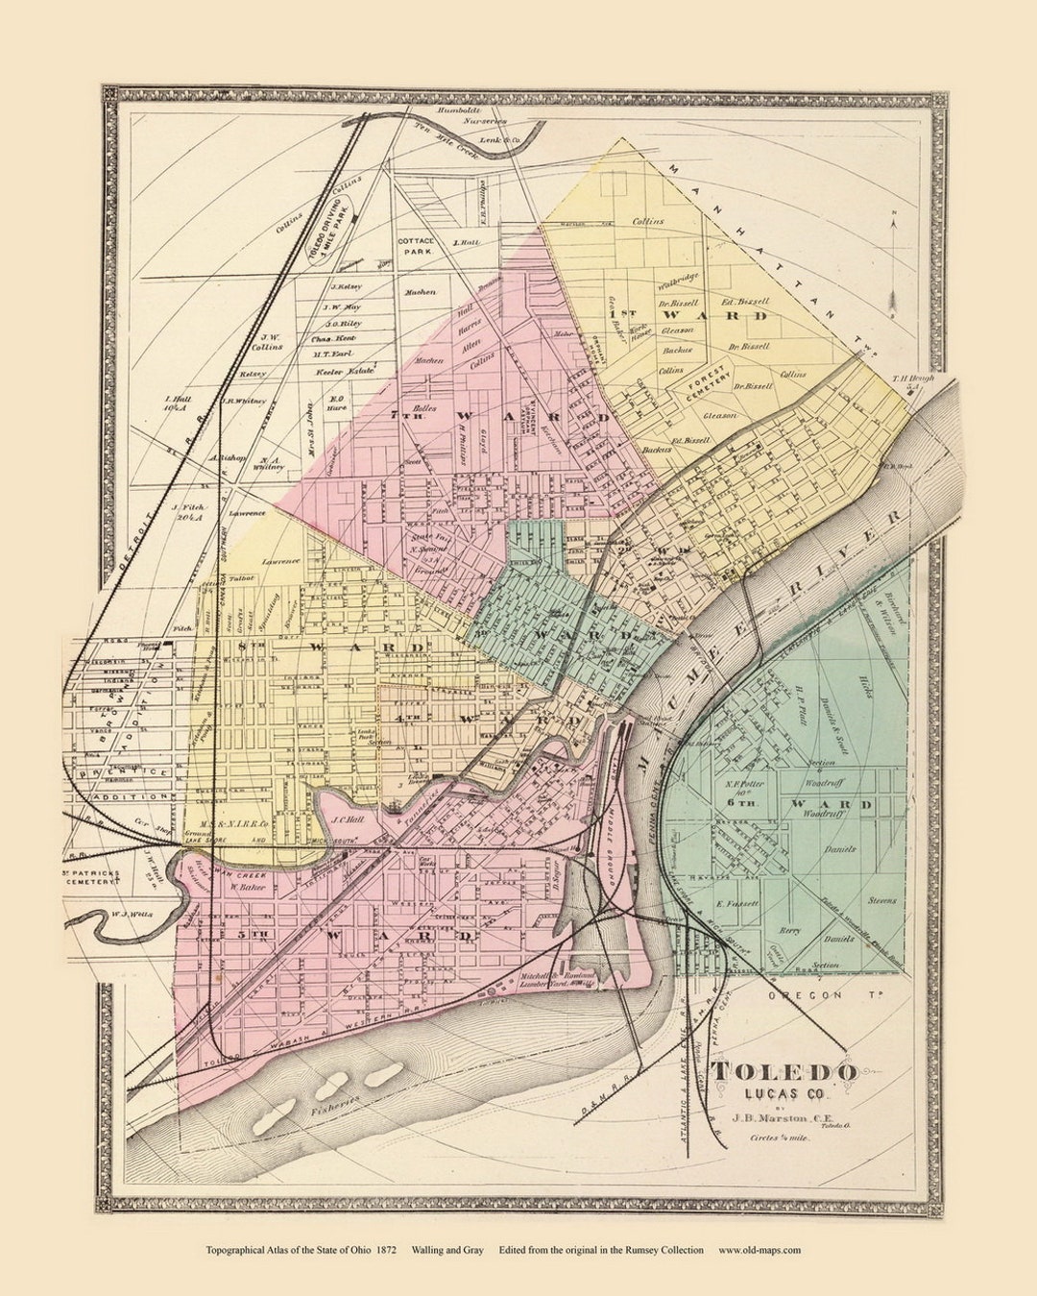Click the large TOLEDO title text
pyautogui.click(x=783, y=1072)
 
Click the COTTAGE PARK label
pyautogui.click(x=416, y=244)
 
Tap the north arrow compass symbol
pyautogui.click(x=893, y=259)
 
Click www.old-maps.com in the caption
pyautogui.click(x=759, y=1250)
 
